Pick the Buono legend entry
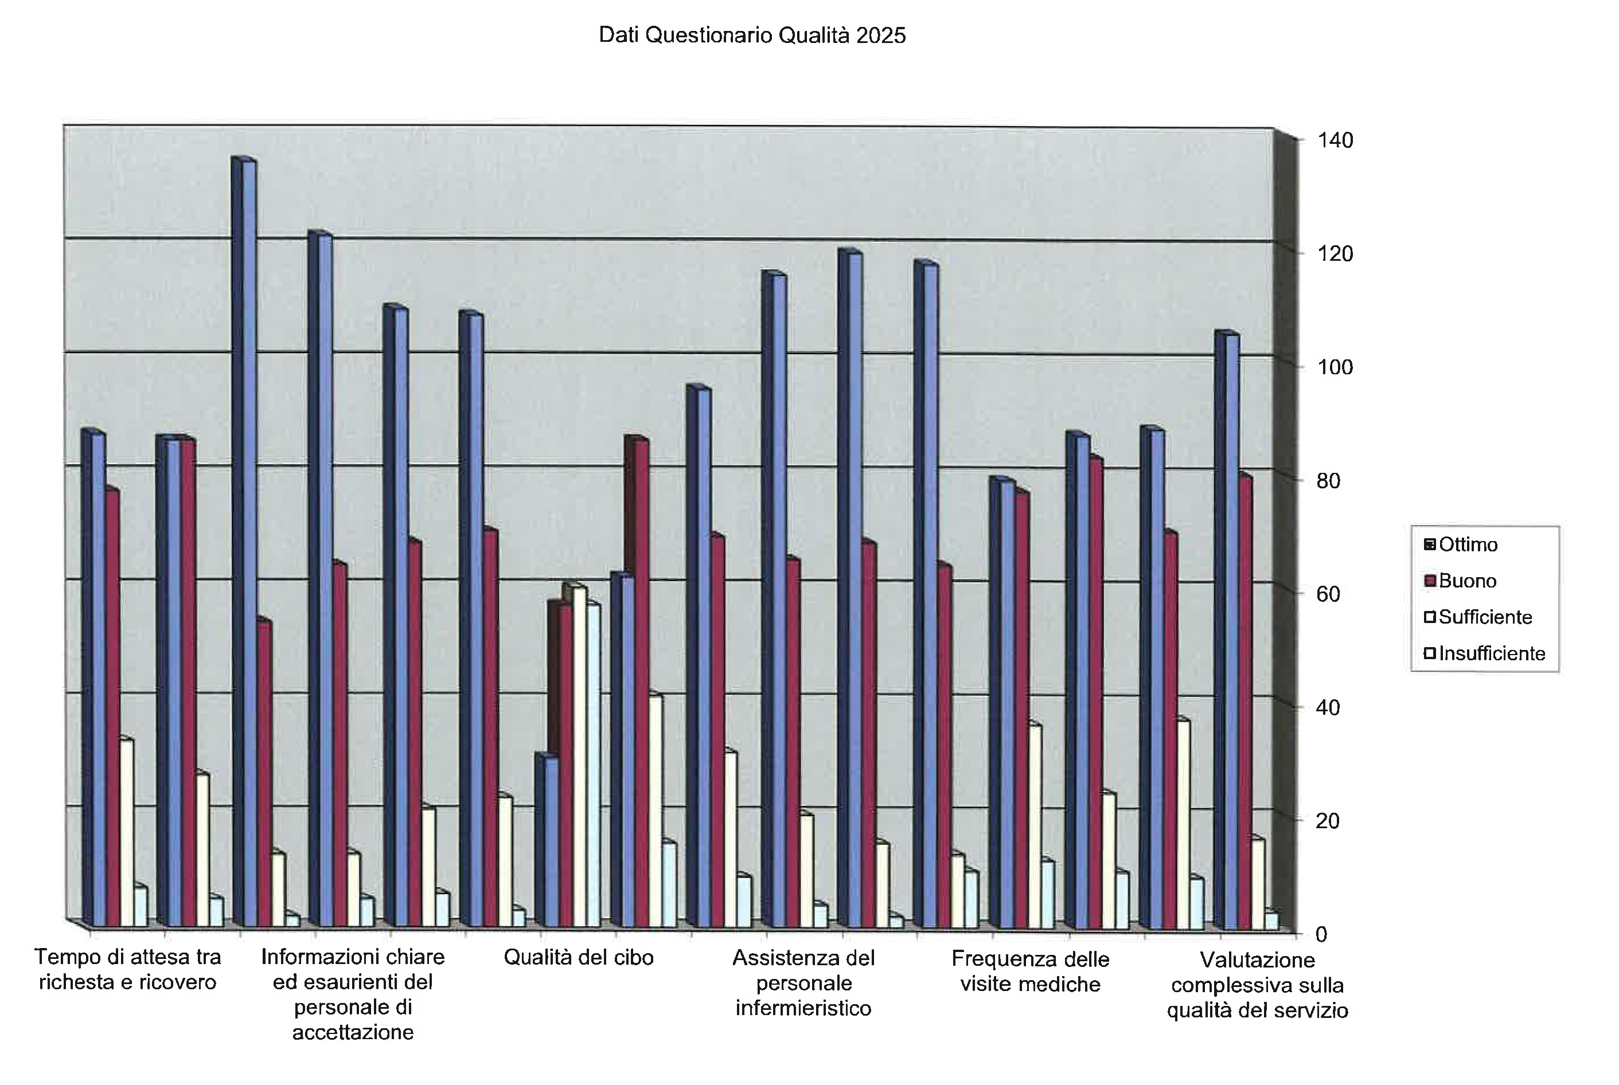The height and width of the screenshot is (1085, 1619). [x=1466, y=581]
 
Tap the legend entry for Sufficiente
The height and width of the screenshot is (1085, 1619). [x=1484, y=617]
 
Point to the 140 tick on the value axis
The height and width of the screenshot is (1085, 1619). [x=1335, y=140]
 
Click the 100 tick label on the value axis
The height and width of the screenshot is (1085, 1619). [x=1335, y=367]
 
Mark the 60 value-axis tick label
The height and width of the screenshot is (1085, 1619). [x=1328, y=594]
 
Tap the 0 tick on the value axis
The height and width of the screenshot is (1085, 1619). [x=1321, y=934]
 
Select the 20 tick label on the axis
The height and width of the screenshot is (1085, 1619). [x=1328, y=821]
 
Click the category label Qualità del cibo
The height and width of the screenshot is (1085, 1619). [x=578, y=958]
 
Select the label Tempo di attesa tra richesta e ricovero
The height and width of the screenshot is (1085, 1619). [x=128, y=969]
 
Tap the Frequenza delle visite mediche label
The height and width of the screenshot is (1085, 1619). [x=1030, y=972]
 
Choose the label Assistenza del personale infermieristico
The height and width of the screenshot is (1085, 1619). [x=803, y=982]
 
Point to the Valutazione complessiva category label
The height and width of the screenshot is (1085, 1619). [x=1257, y=985]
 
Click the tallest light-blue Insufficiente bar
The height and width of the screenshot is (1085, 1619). [x=593, y=765]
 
